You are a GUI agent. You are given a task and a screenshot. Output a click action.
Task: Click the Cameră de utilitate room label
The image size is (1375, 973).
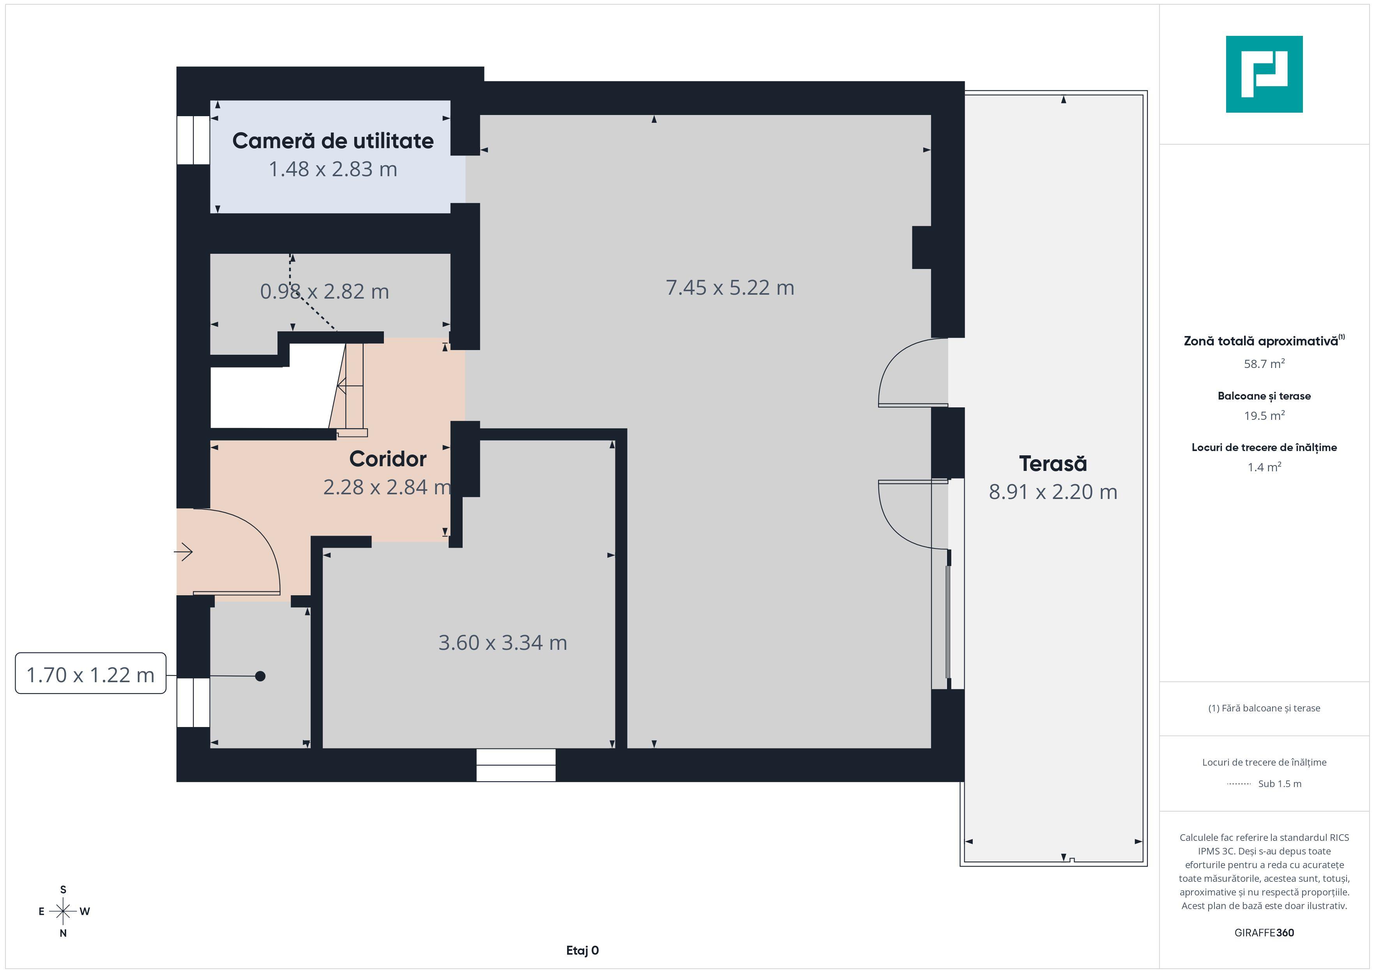[332, 141]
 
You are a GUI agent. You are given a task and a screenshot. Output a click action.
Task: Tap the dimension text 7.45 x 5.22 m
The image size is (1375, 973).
[730, 288]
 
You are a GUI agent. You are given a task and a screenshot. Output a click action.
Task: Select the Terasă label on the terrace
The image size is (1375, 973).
[1052, 464]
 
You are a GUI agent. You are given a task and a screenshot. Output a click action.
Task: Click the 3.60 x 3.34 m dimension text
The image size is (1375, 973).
[502, 642]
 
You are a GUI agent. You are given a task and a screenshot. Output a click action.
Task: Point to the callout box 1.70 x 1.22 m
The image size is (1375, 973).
[90, 675]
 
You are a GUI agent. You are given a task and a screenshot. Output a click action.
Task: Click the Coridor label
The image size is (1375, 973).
[387, 459]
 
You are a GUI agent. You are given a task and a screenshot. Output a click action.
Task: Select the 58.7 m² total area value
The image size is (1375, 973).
[1264, 364]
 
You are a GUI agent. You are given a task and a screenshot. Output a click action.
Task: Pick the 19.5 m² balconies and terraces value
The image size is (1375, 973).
[1264, 415]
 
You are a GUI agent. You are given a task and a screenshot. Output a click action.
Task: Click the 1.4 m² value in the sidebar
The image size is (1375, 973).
[1264, 467]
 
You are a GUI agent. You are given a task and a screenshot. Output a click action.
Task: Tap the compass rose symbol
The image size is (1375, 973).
[63, 911]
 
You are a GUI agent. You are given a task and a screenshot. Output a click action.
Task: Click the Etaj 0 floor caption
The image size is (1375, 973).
[582, 950]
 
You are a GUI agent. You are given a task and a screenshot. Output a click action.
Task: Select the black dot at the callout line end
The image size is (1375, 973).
[260, 676]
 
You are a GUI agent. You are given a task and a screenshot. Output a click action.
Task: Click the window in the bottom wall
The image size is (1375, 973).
[516, 765]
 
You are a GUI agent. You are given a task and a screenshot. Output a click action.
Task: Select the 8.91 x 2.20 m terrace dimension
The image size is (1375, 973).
[1052, 492]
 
